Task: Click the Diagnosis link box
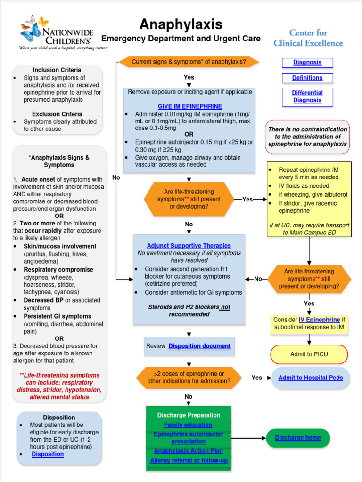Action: click(307, 63)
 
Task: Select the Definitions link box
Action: click(307, 78)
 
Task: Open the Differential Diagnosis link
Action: click(307, 96)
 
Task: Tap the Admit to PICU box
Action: click(309, 354)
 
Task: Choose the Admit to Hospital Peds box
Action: click(310, 378)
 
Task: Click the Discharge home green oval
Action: click(298, 438)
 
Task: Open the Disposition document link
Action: click(199, 346)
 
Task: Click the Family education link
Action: click(189, 425)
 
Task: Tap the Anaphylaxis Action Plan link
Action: click(189, 451)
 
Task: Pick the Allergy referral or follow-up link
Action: click(189, 460)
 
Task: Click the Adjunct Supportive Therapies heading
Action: click(189, 246)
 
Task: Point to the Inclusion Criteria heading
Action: click(57, 70)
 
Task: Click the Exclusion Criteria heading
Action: click(57, 114)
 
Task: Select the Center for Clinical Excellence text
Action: click(308, 38)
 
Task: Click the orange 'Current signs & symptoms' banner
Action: click(189, 62)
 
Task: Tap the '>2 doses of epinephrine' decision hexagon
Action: click(189, 378)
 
